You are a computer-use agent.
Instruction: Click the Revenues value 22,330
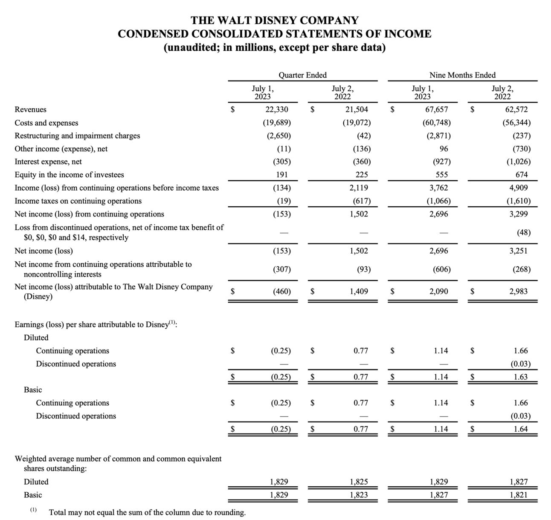[x=276, y=110]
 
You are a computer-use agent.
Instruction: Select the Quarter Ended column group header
[x=302, y=75]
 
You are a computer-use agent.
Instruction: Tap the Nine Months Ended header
[x=462, y=75]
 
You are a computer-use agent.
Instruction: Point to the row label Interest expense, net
[x=48, y=162]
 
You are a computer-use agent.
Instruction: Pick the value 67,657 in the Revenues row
[x=437, y=110]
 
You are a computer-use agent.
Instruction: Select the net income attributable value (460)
[x=281, y=292]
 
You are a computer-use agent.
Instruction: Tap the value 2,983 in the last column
[x=518, y=292]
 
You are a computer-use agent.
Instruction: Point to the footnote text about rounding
[x=147, y=512]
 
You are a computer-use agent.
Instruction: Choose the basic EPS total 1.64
[x=521, y=429]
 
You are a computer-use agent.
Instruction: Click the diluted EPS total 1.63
[x=521, y=377]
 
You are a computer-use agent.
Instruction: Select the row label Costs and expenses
[x=46, y=123]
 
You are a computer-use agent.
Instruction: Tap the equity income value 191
[x=281, y=175]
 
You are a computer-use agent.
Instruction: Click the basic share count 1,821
[x=519, y=495]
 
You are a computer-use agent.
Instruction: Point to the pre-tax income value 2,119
[x=359, y=188]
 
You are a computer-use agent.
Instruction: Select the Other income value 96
[x=444, y=149]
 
